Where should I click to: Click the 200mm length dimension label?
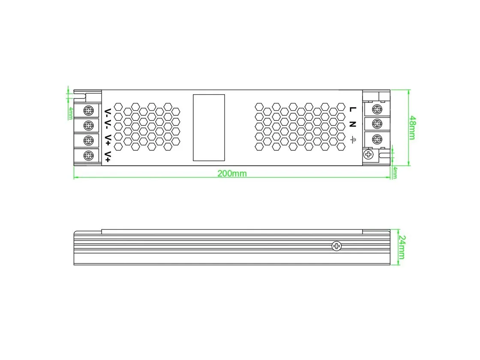coord(232,174)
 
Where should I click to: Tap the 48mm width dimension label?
coord(412,128)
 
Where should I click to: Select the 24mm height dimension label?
coord(402,247)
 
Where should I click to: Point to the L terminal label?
coord(353,109)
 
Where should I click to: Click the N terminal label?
coord(353,124)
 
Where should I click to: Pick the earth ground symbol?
coord(353,140)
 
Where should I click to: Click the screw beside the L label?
coord(377,109)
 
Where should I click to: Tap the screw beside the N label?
coord(377,124)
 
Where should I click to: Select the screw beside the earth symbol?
coord(377,139)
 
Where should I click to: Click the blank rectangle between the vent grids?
coord(209,128)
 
